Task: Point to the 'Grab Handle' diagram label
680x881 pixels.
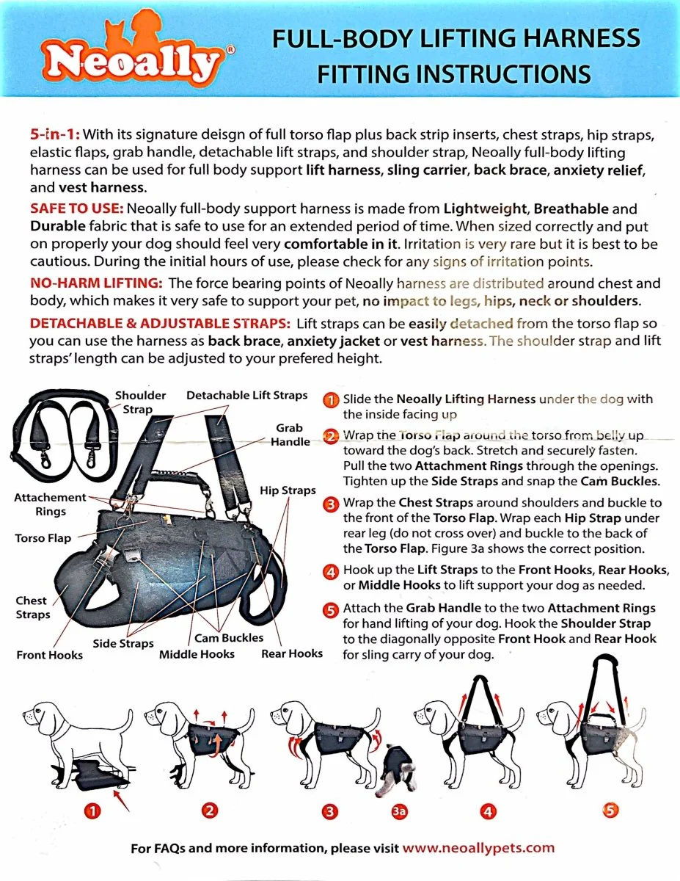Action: [x=290, y=435]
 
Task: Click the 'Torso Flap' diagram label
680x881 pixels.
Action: [x=43, y=538]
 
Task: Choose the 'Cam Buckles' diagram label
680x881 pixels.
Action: [x=229, y=638]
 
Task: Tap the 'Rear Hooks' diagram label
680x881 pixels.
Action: [x=292, y=653]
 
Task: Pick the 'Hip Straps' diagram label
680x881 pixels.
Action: [x=288, y=490]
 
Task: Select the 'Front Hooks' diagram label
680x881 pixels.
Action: [x=49, y=655]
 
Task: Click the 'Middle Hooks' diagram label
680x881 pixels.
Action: [x=197, y=653]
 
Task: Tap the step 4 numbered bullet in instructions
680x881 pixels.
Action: [x=331, y=571]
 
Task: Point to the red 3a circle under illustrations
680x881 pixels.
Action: [x=399, y=811]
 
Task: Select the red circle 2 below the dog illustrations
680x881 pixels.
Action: [x=210, y=811]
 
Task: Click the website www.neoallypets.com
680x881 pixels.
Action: [x=478, y=848]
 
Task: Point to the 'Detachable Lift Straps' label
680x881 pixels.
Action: [x=247, y=396]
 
